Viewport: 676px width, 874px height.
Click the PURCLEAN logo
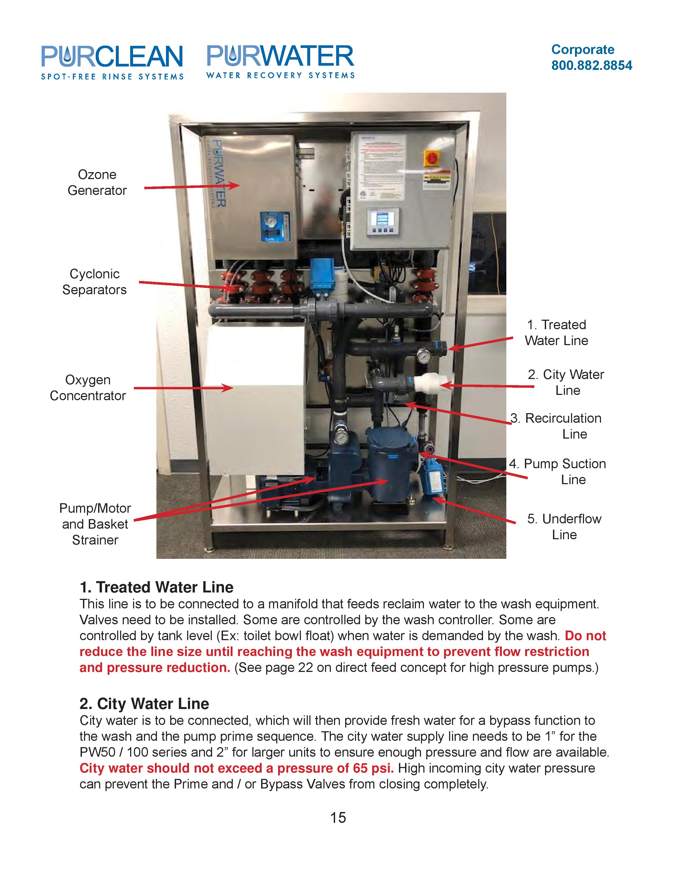point(112,62)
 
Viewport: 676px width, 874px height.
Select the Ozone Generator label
point(97,182)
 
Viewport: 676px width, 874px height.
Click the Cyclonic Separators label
point(95,282)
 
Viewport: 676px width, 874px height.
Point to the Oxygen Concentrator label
point(88,388)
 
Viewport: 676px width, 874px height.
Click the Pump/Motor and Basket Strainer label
point(95,524)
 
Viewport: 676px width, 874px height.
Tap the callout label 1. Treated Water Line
point(556,333)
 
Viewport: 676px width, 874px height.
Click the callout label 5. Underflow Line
point(564,527)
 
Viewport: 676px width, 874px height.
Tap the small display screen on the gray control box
point(383,219)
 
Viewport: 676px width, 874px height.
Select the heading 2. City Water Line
point(144,704)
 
